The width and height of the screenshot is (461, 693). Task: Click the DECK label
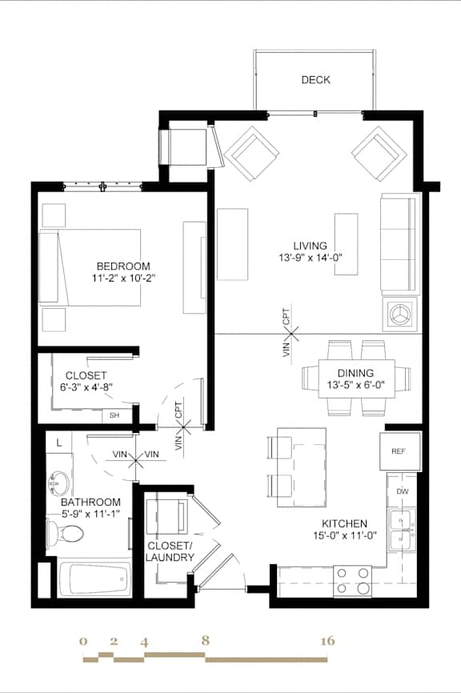tap(315, 80)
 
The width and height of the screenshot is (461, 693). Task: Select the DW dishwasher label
tap(402, 491)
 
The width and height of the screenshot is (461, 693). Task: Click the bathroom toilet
tap(62, 533)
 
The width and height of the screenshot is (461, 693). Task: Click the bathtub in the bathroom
tap(94, 576)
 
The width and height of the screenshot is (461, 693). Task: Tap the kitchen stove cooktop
tap(352, 581)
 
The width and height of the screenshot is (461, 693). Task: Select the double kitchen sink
tap(401, 529)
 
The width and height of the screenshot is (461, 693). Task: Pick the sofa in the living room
tap(399, 243)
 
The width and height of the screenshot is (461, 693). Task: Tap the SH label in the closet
tap(114, 415)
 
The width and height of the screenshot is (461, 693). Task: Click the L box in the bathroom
tap(58, 442)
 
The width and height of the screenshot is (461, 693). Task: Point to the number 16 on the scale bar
tap(327, 641)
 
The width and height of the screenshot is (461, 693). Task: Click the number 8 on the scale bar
tap(206, 641)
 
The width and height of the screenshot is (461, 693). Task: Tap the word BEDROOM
tap(122, 266)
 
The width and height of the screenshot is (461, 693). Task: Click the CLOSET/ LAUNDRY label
tap(170, 551)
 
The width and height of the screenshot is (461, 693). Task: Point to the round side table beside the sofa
tap(399, 314)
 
